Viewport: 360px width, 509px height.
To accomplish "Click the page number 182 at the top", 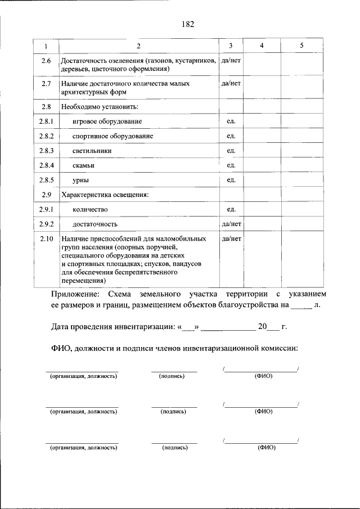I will point(188,24).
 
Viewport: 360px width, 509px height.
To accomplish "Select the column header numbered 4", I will point(262,45).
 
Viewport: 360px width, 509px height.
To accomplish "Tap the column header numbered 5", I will point(301,45).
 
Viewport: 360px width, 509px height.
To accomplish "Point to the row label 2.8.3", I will point(46,151).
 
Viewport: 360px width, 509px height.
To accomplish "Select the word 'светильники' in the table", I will point(92,151).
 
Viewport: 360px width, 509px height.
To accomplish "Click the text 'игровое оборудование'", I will point(107,121).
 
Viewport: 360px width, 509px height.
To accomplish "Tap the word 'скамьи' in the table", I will point(84,165).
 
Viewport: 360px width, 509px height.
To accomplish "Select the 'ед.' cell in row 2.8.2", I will point(231,136).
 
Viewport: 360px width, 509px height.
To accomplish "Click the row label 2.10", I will point(46,238).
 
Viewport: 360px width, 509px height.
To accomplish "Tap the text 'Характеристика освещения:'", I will point(105,195).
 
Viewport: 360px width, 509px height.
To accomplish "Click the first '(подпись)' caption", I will point(172,376).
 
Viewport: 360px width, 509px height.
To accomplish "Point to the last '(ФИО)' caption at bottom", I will point(266,448).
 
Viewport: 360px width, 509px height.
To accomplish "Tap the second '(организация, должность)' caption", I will point(83,412).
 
